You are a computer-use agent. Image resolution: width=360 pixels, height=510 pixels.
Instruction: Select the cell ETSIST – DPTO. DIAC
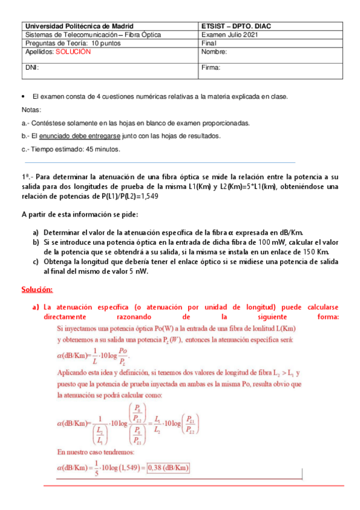click(237, 26)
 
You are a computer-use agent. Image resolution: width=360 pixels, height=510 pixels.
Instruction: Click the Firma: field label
click(212, 68)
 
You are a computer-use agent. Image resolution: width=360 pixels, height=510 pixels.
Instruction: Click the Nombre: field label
click(215, 52)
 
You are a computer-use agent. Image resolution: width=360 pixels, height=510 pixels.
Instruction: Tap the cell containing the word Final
click(209, 43)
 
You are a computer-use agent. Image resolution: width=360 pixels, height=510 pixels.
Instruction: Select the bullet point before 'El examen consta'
click(23, 97)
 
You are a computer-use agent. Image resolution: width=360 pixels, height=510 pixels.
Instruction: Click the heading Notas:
click(31, 110)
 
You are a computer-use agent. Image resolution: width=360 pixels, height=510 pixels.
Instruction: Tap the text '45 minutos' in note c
click(104, 149)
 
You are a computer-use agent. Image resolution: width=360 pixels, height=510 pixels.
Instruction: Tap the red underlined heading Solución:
click(37, 290)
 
